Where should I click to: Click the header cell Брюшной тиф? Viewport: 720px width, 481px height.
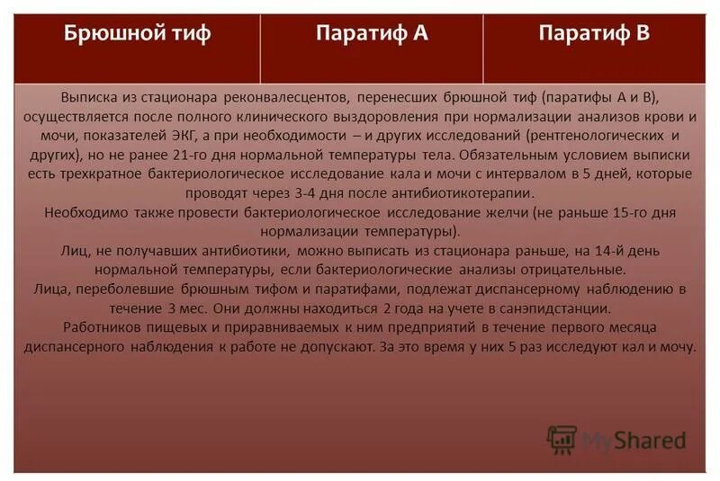[x=138, y=35]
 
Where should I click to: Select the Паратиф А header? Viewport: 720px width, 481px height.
[x=371, y=35]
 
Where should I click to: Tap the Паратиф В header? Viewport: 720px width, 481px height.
[x=594, y=35]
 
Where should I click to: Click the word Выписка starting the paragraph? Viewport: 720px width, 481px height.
[x=90, y=98]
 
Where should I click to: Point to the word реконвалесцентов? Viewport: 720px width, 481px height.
[x=290, y=98]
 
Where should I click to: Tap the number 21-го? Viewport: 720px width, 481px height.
[x=180, y=155]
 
